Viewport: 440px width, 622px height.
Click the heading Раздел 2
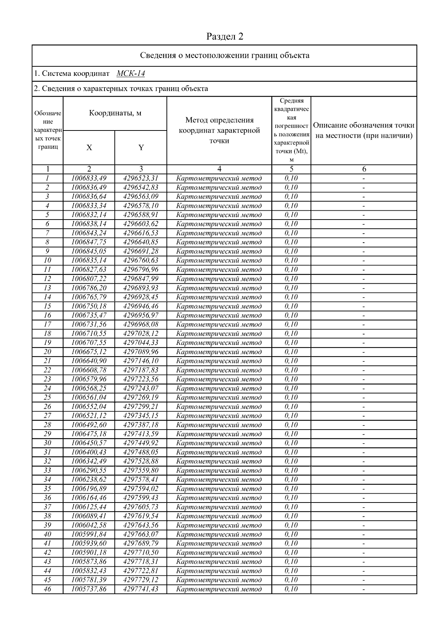pyautogui.click(x=225, y=36)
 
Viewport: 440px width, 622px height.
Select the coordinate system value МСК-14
pyautogui.click(x=131, y=74)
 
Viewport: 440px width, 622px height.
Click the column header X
pyautogui.click(x=89, y=147)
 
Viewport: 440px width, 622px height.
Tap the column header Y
pyautogui.click(x=141, y=147)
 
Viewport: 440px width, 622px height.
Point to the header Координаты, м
pyautogui.click(x=115, y=113)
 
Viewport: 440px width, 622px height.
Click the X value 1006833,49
pyautogui.click(x=89, y=178)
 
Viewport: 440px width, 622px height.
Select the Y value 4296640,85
pyautogui.click(x=141, y=242)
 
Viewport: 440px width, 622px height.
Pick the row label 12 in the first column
pyautogui.click(x=47, y=279)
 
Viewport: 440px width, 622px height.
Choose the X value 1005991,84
pyautogui.click(x=89, y=534)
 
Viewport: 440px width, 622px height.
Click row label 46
pyautogui.click(x=47, y=589)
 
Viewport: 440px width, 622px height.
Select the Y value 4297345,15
pyautogui.click(x=141, y=416)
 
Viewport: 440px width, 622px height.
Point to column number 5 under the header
pyautogui.click(x=291, y=169)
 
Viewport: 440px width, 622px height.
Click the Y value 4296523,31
pyautogui.click(x=141, y=178)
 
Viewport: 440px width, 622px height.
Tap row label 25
pyautogui.click(x=47, y=398)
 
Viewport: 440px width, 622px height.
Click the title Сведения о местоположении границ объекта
pyautogui.click(x=225, y=55)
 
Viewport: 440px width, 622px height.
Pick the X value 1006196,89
pyautogui.click(x=89, y=489)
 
